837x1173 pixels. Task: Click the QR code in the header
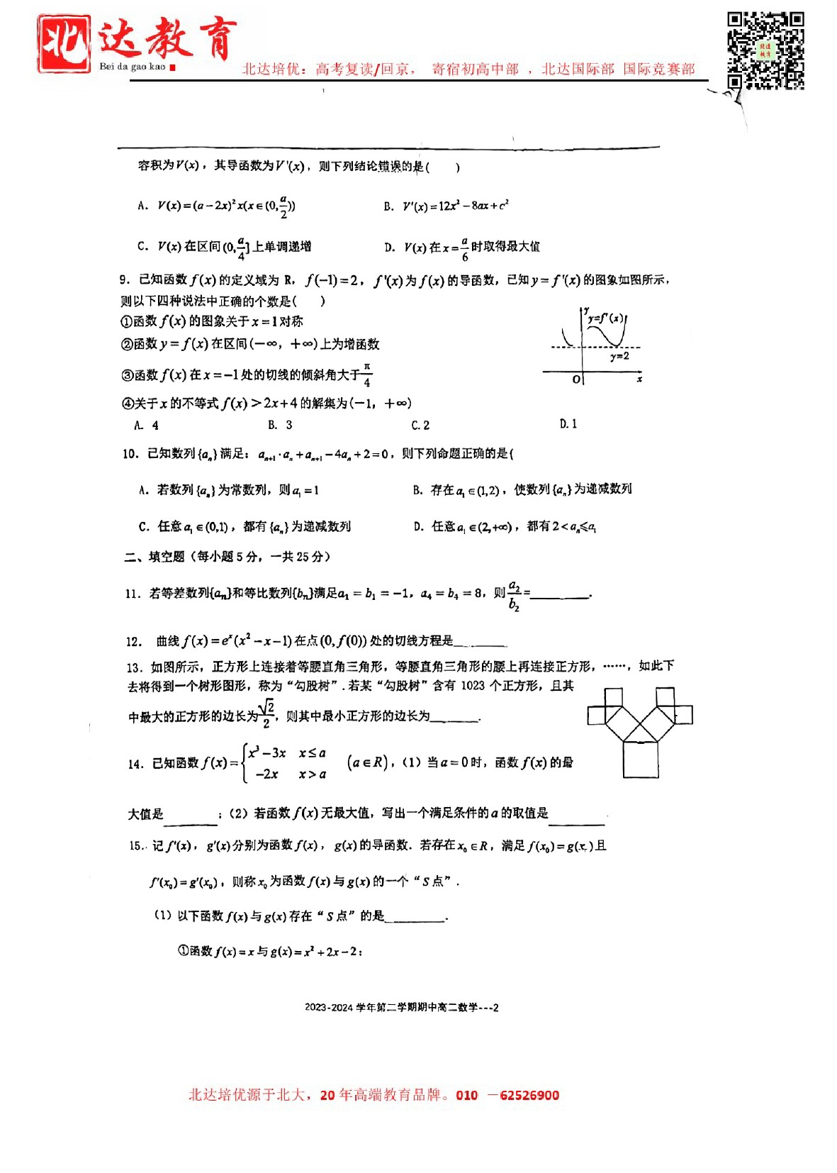click(x=765, y=50)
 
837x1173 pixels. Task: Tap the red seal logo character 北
click(x=64, y=44)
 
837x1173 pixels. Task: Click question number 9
click(x=125, y=280)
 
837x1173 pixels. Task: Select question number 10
click(x=130, y=454)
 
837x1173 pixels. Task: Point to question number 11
click(x=133, y=594)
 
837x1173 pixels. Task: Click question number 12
click(x=134, y=642)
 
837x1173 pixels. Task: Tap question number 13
click(x=135, y=667)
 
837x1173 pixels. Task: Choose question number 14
click(x=135, y=765)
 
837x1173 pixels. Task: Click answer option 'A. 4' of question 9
click(x=146, y=426)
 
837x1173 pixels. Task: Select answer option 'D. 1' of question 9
click(x=568, y=424)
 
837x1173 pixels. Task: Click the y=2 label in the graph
click(x=619, y=356)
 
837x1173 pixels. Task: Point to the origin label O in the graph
click(x=577, y=380)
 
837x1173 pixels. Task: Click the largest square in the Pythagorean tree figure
click(x=641, y=760)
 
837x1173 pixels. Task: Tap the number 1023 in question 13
click(x=473, y=686)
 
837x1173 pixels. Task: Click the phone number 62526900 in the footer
click(x=529, y=1095)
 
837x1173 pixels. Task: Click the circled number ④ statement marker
click(x=128, y=404)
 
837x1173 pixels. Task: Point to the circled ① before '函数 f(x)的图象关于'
click(x=127, y=322)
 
